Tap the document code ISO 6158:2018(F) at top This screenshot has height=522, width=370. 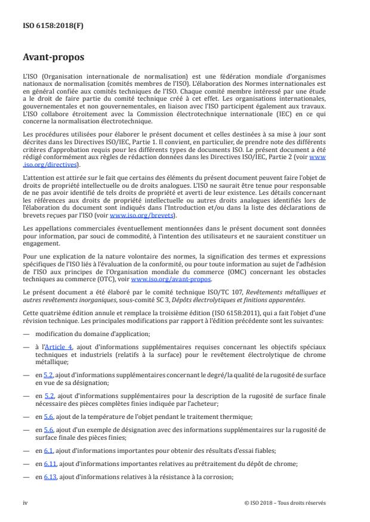[50, 26]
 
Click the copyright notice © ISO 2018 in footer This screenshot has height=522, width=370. [285, 502]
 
